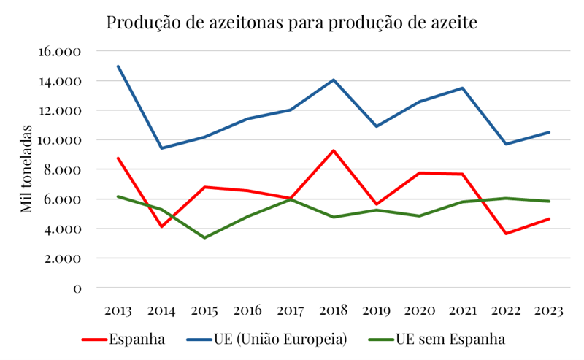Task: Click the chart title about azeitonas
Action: pyautogui.click(x=291, y=22)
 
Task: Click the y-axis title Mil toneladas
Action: pyautogui.click(x=26, y=169)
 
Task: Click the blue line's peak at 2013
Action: pyautogui.click(x=118, y=66)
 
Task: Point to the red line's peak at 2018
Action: pyautogui.click(x=334, y=150)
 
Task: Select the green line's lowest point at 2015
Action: pyautogui.click(x=204, y=238)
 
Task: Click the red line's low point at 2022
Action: pyautogui.click(x=506, y=234)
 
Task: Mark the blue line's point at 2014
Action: pyautogui.click(x=161, y=148)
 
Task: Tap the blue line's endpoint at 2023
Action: pyautogui.click(x=549, y=132)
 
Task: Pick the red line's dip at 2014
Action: pyautogui.click(x=161, y=226)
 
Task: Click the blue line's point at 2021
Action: pyautogui.click(x=463, y=88)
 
